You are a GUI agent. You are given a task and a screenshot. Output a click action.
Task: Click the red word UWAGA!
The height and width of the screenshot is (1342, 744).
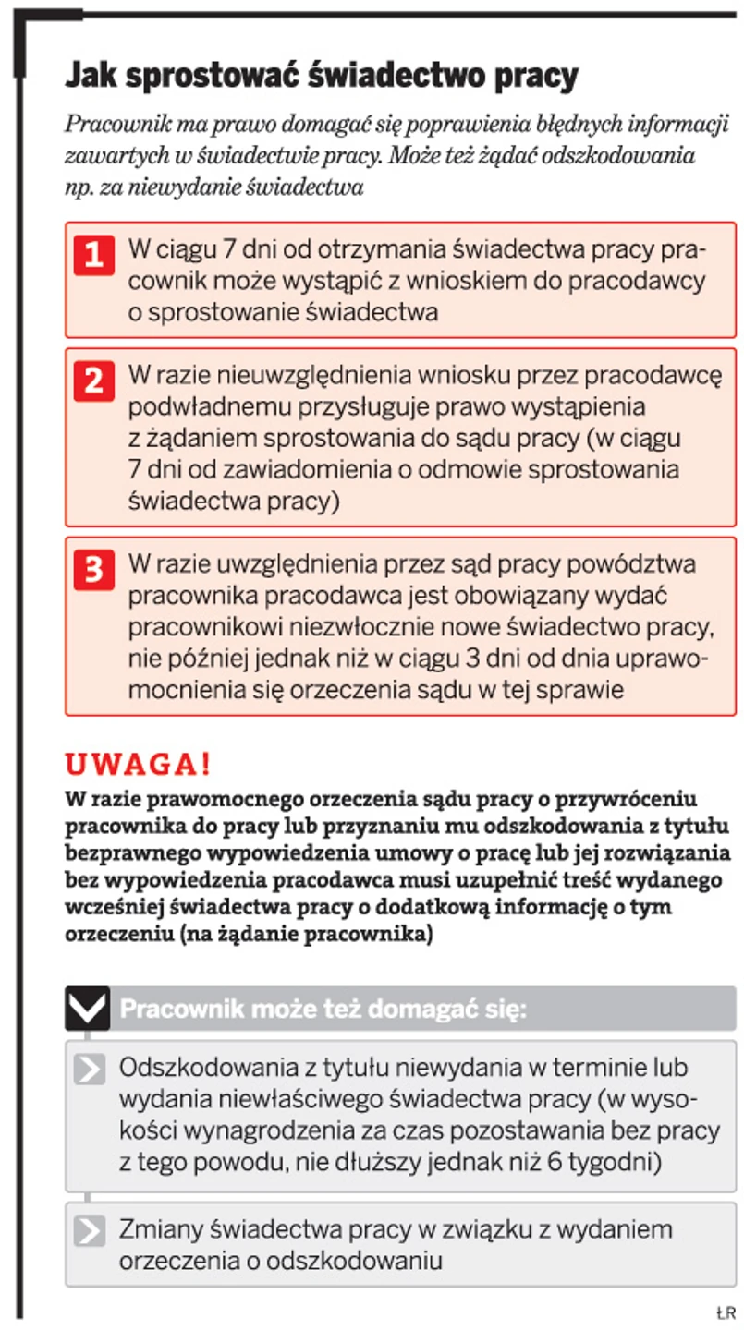[x=138, y=766]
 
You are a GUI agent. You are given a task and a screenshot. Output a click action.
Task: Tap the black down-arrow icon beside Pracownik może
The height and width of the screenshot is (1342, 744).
[x=87, y=1008]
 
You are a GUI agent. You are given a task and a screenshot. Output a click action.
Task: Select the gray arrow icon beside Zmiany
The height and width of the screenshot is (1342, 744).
[x=90, y=1231]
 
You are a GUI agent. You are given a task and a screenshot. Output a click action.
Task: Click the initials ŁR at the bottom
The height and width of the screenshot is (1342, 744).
[x=724, y=1312]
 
